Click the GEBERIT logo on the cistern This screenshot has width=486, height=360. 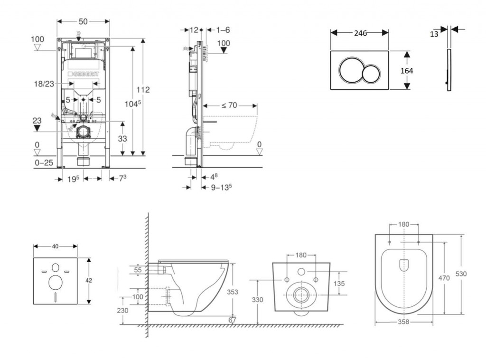85,75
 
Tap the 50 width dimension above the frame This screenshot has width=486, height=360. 83,22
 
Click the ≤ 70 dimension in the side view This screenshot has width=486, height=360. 229,105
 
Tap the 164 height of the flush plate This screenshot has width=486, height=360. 407,71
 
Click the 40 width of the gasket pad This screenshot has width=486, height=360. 55,246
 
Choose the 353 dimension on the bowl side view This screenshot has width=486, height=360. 233,292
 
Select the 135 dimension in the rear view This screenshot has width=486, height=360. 338,283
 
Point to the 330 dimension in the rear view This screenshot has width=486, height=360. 257,300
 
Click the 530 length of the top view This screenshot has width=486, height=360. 461,274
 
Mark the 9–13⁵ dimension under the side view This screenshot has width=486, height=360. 221,187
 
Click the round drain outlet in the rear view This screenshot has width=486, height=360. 300,295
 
